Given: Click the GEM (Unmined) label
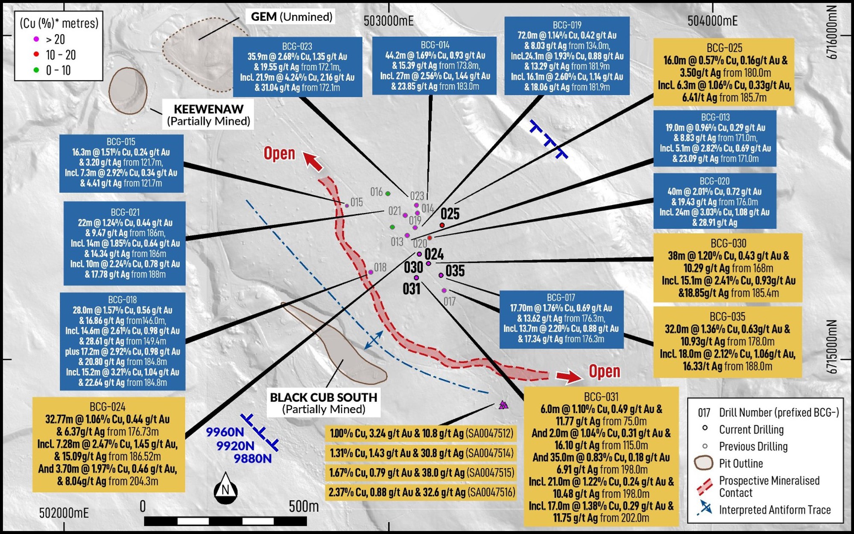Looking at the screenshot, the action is coord(291,17).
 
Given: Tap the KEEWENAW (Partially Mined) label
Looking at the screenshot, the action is coord(208,115).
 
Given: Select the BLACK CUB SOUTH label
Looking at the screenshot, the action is coord(324,403).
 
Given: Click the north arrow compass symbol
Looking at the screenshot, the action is coord(225,488).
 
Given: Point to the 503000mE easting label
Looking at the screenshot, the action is coord(389,21).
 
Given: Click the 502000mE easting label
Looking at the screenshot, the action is coord(64,513).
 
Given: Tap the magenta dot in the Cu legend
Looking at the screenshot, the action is coord(36,39).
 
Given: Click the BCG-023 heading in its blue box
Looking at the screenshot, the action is coord(297,46).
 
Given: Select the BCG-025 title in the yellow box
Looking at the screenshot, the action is coord(725,48).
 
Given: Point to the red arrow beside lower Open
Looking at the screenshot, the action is coord(569,376).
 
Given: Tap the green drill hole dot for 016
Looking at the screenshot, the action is coord(388,194).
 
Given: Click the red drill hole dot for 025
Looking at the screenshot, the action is coord(442,225).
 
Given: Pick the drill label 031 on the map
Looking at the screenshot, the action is coord(412,289).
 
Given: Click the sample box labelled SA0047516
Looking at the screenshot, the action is coord(421,493).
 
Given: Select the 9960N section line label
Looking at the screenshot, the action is coord(225,432).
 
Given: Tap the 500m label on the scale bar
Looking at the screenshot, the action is coord(304,507).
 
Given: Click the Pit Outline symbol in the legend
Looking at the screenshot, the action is coord(704,463).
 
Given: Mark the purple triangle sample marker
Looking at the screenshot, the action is coord(503,405).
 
